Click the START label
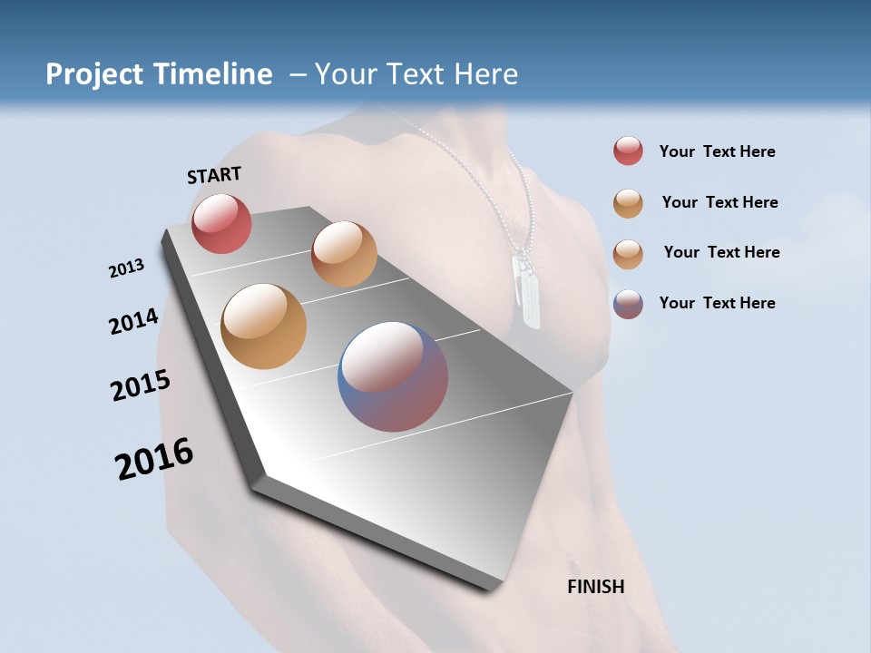pyautogui.click(x=214, y=174)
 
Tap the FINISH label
pyautogui.click(x=595, y=587)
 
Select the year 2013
pyautogui.click(x=126, y=268)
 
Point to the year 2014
pyautogui.click(x=133, y=321)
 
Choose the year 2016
pyautogui.click(x=154, y=459)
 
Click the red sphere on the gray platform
pyautogui.click(x=221, y=223)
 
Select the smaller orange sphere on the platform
pyautogui.click(x=344, y=254)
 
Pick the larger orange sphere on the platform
pyautogui.click(x=263, y=326)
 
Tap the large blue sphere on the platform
pyautogui.click(x=393, y=376)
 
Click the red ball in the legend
pyautogui.click(x=628, y=151)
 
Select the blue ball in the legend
pyautogui.click(x=628, y=304)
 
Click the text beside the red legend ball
pyautogui.click(x=717, y=151)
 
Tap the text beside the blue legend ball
pyautogui.click(x=717, y=303)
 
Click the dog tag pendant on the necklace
pyautogui.click(x=526, y=290)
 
